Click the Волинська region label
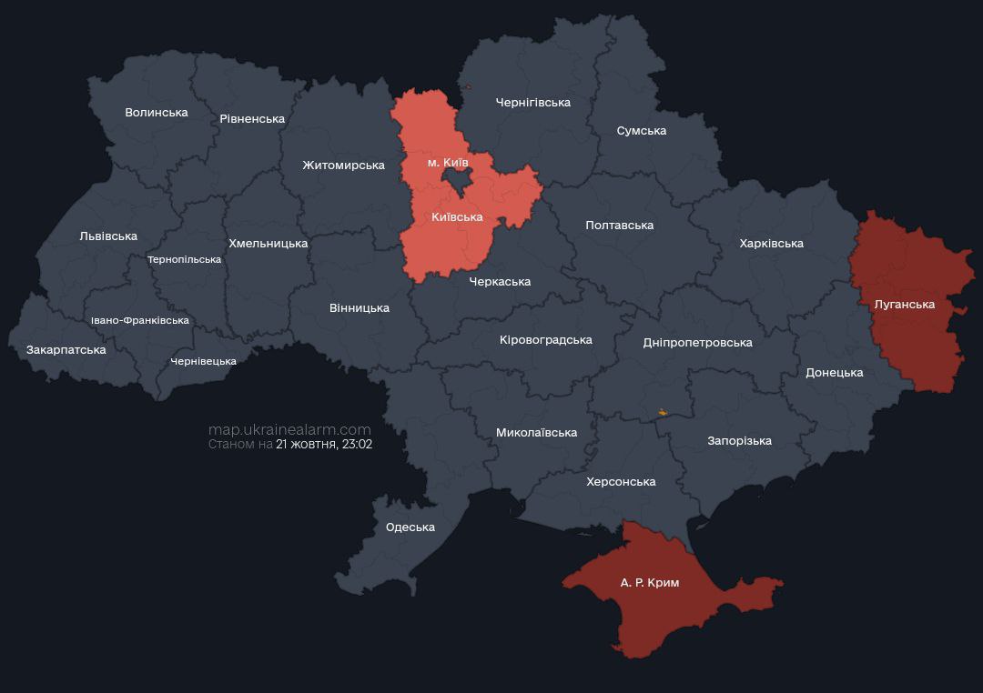click(x=157, y=113)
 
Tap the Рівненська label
click(x=252, y=119)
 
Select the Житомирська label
click(x=343, y=166)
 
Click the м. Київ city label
click(x=448, y=163)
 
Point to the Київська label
click(x=457, y=217)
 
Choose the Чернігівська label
click(x=532, y=103)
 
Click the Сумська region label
click(x=641, y=131)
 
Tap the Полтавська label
click(x=619, y=226)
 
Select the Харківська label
click(x=771, y=244)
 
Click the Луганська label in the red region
click(x=904, y=305)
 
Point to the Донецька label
click(x=834, y=373)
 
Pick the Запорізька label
click(x=739, y=441)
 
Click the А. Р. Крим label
click(x=650, y=583)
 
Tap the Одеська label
click(x=410, y=527)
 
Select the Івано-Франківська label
click(x=140, y=321)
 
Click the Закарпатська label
click(x=66, y=350)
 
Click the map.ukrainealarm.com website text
click(x=289, y=429)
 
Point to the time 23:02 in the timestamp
click(x=357, y=445)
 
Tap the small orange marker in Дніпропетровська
click(x=662, y=413)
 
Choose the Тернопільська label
click(x=184, y=260)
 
